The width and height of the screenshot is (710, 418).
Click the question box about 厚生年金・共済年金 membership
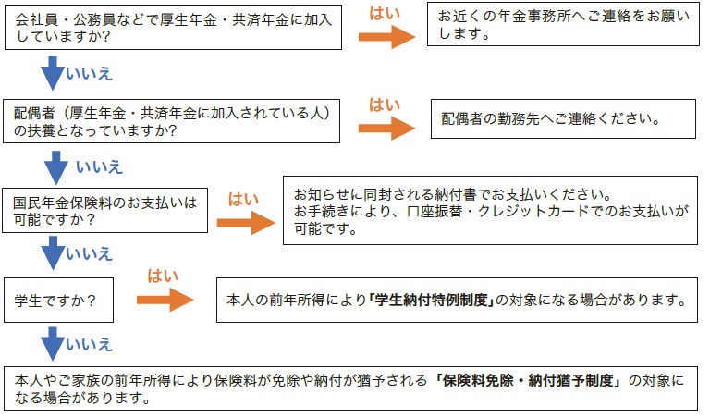pyautogui.click(x=175, y=26)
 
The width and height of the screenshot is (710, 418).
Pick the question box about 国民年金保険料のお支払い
pyautogui.click(x=105, y=211)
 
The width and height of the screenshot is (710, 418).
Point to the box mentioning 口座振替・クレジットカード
pyautogui.click(x=490, y=211)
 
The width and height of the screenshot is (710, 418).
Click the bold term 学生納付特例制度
pyautogui.click(x=429, y=301)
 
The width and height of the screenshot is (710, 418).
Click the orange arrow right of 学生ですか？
pyautogui.click(x=165, y=301)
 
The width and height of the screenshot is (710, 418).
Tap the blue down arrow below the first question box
pyautogui.click(x=52, y=71)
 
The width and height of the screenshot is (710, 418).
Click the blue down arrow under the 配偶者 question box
pyautogui.click(x=56, y=166)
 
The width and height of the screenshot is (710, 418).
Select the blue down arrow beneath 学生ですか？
pyautogui.click(x=52, y=344)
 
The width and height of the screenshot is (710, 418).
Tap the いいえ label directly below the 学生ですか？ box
pyautogui.click(x=89, y=345)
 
